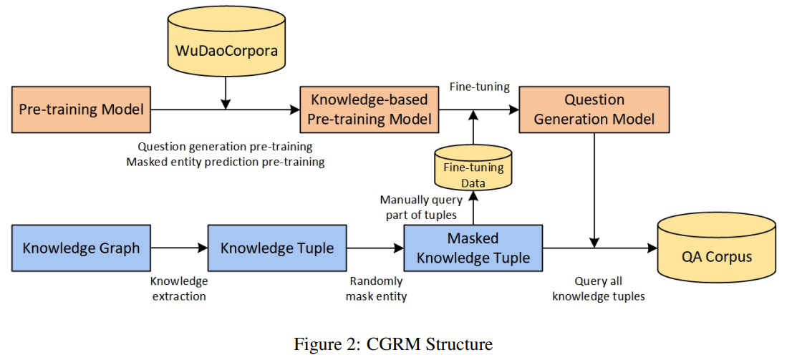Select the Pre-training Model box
(x=81, y=110)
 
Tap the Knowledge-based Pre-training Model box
(x=370, y=110)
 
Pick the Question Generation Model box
(x=594, y=110)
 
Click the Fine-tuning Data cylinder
(x=473, y=170)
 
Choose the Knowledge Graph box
(x=81, y=248)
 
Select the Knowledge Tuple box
(x=277, y=248)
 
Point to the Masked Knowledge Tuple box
(x=473, y=248)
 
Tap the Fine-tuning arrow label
(x=479, y=87)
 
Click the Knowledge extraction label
(x=179, y=288)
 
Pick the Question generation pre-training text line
(x=225, y=147)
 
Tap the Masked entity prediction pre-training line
(x=225, y=162)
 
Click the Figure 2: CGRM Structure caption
(x=393, y=344)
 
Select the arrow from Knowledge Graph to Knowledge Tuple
(x=179, y=248)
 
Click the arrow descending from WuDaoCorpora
(x=226, y=91)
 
